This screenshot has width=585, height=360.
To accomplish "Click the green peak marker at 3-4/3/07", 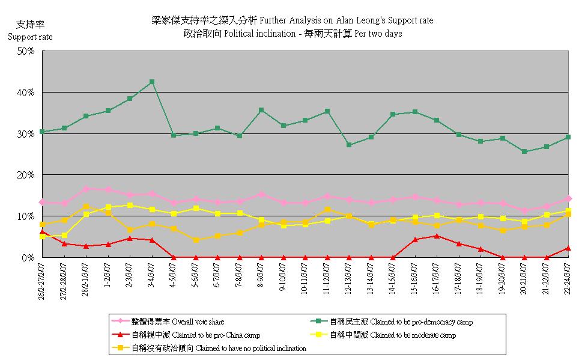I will [152, 82].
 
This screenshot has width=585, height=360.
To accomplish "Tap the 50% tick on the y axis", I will [26, 51].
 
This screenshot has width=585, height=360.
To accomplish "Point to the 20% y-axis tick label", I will [26, 175].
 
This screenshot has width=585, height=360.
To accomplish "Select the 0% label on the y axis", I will [29, 257].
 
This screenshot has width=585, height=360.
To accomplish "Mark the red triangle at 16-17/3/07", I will [437, 236].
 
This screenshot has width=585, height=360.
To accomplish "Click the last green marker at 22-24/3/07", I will [568, 137].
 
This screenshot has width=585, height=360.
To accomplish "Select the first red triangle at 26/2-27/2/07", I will [42, 231].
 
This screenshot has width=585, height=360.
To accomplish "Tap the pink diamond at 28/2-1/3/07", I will [86, 189].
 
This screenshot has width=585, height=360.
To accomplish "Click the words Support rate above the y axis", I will [29, 37].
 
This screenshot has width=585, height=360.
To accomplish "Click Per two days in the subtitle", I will [378, 34].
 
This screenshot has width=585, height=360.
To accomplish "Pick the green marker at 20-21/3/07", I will [524, 151].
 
